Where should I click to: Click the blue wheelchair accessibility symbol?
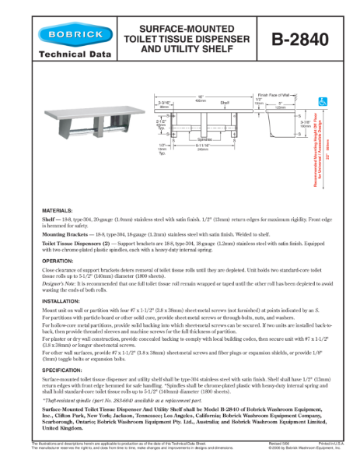[323, 100]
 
